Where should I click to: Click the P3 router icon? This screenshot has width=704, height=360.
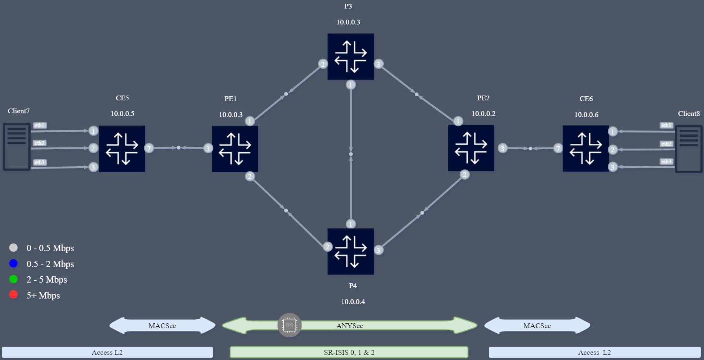click(x=350, y=57)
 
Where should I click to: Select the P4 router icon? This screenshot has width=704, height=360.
click(x=350, y=251)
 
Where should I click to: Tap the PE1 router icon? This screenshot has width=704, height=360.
click(x=235, y=149)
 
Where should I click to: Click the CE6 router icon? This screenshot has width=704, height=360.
click(x=585, y=149)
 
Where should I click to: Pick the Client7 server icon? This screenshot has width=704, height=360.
click(x=17, y=147)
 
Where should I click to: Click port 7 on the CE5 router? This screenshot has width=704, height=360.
click(x=149, y=149)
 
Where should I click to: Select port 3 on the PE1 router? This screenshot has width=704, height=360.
click(x=208, y=149)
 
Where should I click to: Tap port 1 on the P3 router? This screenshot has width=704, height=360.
click(x=351, y=85)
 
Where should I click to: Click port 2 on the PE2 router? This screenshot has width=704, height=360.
click(x=464, y=175)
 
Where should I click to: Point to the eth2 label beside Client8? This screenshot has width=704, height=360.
click(x=666, y=144)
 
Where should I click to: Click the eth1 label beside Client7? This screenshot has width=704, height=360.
click(x=40, y=125)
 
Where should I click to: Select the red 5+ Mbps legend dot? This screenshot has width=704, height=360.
click(x=13, y=295)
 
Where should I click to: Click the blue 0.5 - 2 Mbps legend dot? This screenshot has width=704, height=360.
click(x=13, y=263)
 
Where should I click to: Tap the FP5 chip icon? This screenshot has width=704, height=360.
click(x=290, y=325)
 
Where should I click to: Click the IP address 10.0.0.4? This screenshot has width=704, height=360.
click(x=353, y=301)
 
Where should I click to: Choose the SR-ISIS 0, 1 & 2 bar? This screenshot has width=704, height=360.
click(x=349, y=352)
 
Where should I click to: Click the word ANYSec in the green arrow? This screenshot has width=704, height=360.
click(x=350, y=326)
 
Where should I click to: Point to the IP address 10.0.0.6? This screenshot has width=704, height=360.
click(x=586, y=114)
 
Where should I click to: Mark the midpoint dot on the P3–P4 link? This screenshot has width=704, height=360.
click(x=351, y=154)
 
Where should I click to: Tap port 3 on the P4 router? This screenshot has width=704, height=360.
click(x=378, y=250)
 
